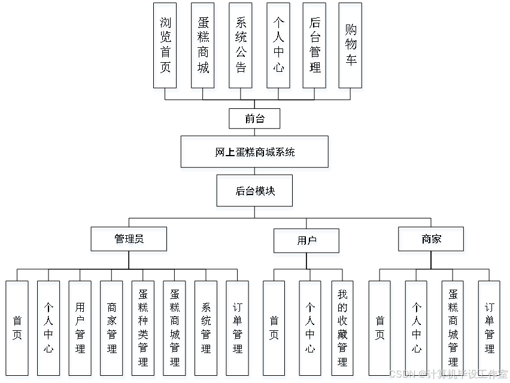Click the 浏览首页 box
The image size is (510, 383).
click(x=166, y=48)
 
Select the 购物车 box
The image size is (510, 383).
click(x=351, y=48)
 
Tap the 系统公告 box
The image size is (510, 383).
click(x=241, y=48)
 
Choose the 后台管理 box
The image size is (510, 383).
click(x=315, y=48)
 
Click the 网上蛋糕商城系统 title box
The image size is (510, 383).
click(x=256, y=153)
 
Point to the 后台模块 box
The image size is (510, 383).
click(x=255, y=193)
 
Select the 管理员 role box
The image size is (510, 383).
click(x=129, y=241)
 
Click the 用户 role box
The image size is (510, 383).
click(x=307, y=242)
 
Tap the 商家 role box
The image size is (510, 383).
click(x=432, y=241)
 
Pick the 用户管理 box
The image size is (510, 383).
click(x=80, y=330)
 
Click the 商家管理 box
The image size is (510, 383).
click(x=112, y=330)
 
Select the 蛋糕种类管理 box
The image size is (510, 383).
click(x=144, y=330)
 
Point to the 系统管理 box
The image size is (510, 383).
click(x=207, y=330)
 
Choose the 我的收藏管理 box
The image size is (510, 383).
click(x=342, y=330)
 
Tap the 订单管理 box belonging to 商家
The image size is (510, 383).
click(x=489, y=330)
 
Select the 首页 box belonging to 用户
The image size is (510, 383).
click(x=274, y=330)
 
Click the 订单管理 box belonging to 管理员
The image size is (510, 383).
click(x=238, y=330)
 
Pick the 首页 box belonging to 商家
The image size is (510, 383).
click(x=380, y=330)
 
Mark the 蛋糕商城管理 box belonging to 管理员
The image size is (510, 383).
click(x=175, y=330)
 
